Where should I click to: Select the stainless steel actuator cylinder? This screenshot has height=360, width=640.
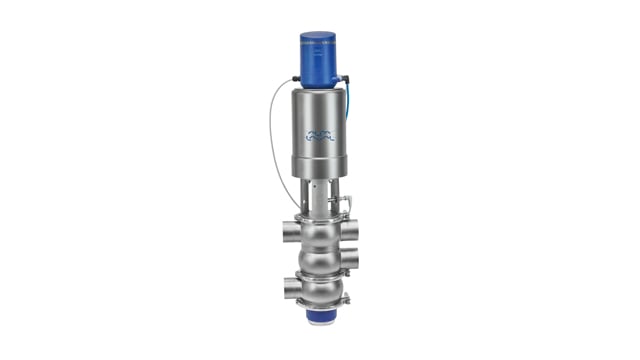320,130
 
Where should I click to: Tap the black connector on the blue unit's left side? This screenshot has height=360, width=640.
297,77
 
